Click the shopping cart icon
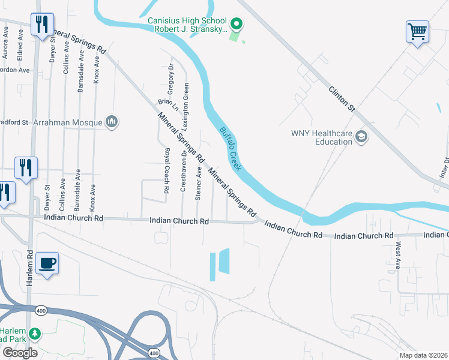[417, 31]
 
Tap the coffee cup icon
[47, 263]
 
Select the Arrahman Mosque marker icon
[112, 122]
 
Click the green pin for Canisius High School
[237, 25]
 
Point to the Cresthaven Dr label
[183, 175]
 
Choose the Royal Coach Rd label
[167, 170]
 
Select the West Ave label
[398, 255]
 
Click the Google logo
[20, 353]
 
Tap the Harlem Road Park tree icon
[35, 333]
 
